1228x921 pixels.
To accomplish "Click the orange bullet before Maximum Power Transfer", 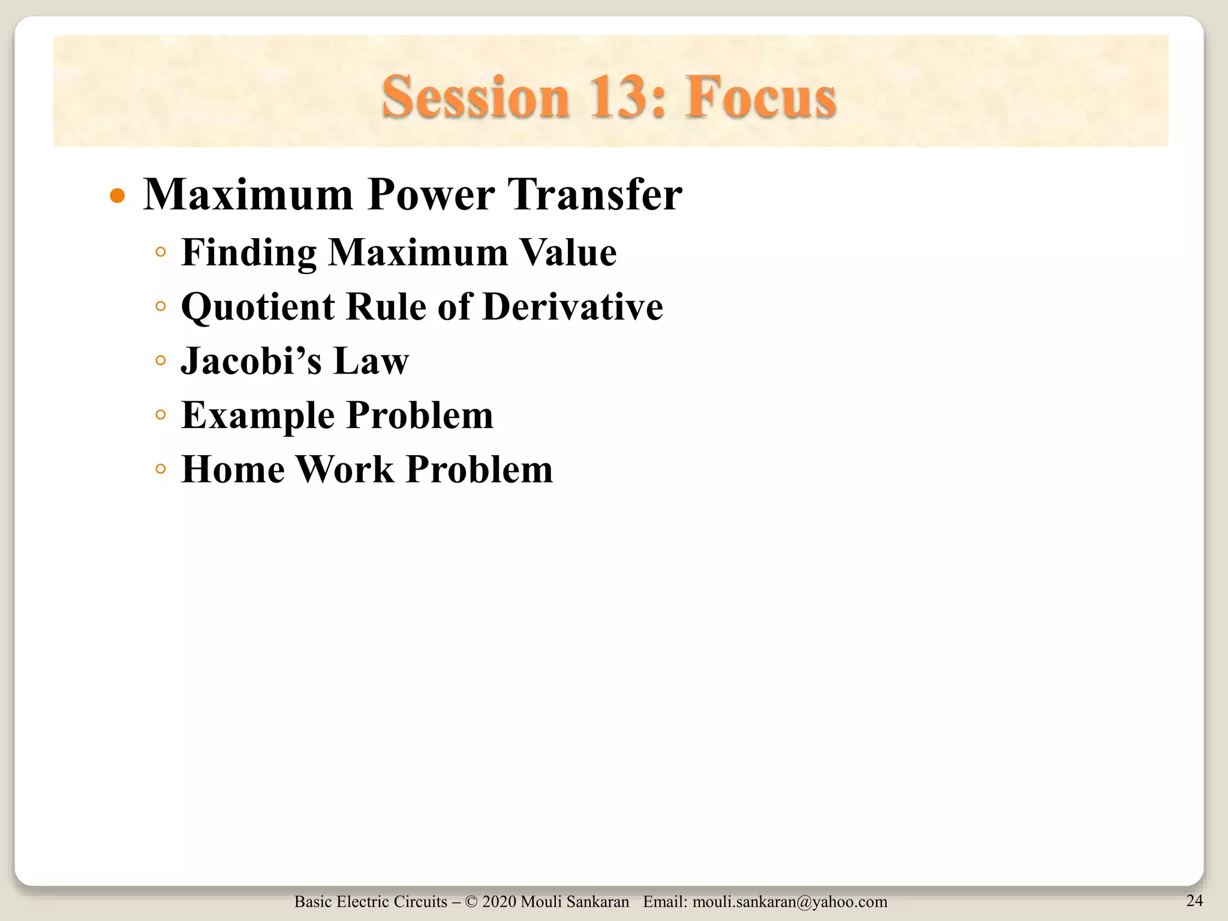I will coord(118,196).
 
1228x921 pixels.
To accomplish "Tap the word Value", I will coord(567,252).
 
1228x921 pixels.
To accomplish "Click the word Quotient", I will coord(258,307).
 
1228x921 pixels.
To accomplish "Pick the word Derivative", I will coord(572,307).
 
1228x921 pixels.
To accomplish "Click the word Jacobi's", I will coord(251,361).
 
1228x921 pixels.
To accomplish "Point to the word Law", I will coord(371,361).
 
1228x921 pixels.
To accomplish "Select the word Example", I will coord(258,415).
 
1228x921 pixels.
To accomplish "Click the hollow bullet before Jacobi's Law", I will coord(160,361).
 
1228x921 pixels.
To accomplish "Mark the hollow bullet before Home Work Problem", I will coord(160,469).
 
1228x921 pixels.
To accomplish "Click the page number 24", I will coord(1194,900).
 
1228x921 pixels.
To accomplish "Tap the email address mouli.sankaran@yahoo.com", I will coord(790,902).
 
